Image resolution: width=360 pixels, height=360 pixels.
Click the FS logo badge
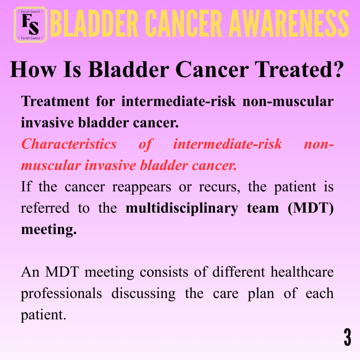click(x=31, y=25)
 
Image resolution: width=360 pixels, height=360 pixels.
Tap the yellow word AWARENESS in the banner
click(x=289, y=24)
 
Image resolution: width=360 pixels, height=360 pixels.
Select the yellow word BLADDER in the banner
click(x=94, y=24)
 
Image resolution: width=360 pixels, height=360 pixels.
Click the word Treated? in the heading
click(x=299, y=69)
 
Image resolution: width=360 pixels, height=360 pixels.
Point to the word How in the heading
click(x=33, y=69)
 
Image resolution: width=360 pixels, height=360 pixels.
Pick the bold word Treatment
click(x=55, y=101)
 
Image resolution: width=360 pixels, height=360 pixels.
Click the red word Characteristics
click(x=69, y=144)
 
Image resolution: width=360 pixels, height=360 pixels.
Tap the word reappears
click(x=142, y=187)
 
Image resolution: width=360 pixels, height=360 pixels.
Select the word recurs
click(x=219, y=187)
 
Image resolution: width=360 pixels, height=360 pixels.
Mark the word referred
click(x=45, y=208)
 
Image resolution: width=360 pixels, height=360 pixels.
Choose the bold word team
click(x=263, y=208)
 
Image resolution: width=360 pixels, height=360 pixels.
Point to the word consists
click(x=164, y=272)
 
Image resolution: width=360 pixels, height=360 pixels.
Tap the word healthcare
click(x=302, y=272)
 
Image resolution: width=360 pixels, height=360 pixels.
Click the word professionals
click(x=61, y=294)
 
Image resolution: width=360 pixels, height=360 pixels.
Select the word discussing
click(x=143, y=294)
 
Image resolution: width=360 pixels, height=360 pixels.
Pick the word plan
click(x=261, y=294)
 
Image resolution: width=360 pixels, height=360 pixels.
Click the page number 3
click(x=347, y=337)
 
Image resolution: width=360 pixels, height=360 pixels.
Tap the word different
click(x=239, y=272)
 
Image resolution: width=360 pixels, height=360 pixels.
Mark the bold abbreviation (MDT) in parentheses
click(x=311, y=208)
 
